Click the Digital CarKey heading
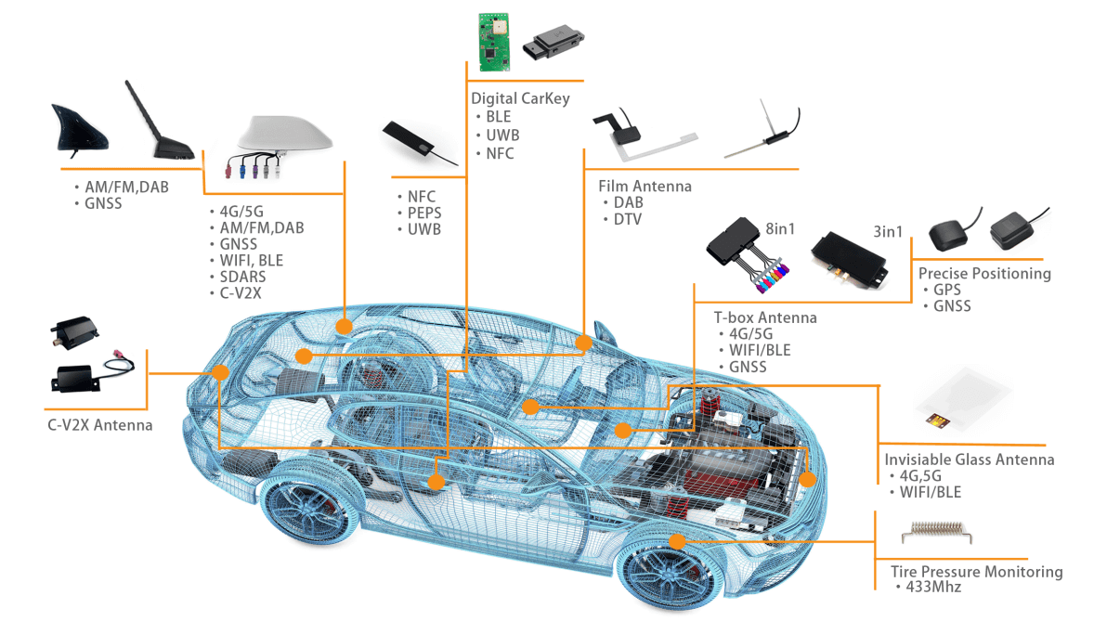[520, 98]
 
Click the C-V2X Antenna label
[100, 425]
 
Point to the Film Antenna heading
[645, 186]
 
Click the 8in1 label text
[780, 229]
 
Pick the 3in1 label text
[887, 232]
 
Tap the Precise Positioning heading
[984, 273]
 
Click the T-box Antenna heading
[765, 317]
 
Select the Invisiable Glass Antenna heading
[969, 459]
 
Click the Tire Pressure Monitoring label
[976, 572]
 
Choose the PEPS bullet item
[423, 213]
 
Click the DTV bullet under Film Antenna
[627, 219]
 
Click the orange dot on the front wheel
[677, 541]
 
